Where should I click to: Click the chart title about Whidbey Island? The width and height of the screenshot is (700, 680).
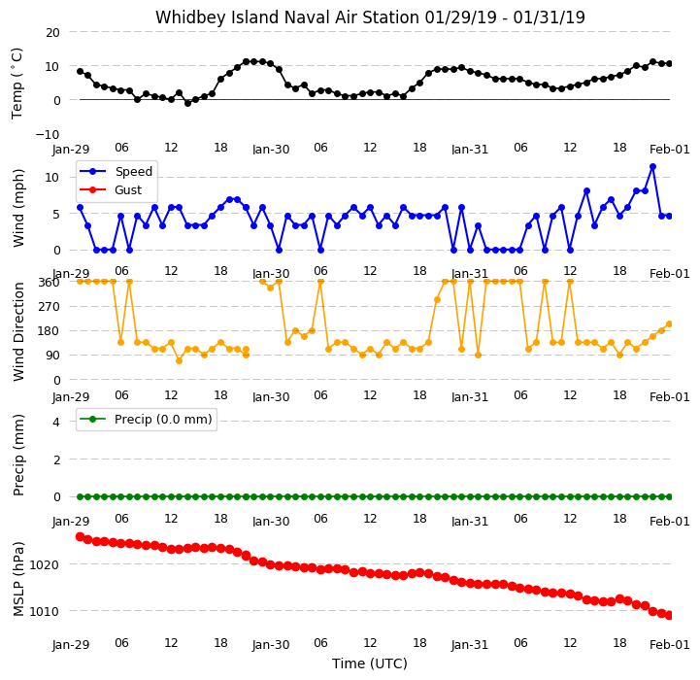pos(370,17)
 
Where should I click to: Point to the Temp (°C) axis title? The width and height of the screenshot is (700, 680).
pos(17,84)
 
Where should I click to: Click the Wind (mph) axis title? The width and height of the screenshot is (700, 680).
pos(18,208)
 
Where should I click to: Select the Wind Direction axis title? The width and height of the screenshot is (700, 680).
pos(18,331)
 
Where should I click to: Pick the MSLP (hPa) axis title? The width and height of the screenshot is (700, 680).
pos(18,579)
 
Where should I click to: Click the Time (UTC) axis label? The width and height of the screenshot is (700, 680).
pos(370,663)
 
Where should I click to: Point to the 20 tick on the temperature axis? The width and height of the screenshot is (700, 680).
pos(52,33)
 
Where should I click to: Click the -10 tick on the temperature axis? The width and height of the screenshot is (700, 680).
pos(48,134)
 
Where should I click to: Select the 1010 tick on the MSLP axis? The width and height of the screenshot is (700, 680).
pos(45,611)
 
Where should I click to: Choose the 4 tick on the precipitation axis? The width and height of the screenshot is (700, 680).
pos(55,422)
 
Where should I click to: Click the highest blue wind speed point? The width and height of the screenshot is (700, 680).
pos(652,167)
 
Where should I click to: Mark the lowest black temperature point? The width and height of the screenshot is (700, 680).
pos(187,103)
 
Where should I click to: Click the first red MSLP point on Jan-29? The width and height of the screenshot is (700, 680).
pos(80,536)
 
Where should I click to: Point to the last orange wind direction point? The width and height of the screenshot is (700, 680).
pos(669,323)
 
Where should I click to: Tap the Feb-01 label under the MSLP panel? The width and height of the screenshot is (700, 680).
pos(669,645)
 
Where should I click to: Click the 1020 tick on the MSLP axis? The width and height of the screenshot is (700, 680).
pos(45,564)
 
